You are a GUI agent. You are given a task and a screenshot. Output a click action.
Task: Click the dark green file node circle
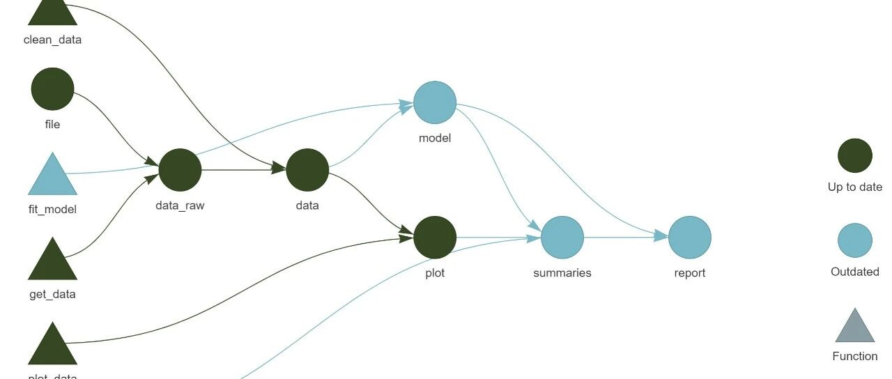(x=52, y=89)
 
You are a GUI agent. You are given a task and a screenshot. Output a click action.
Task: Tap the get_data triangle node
(x=52, y=262)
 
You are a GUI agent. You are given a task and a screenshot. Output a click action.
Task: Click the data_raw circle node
(x=180, y=170)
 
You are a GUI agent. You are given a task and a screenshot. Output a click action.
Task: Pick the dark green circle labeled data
(x=307, y=170)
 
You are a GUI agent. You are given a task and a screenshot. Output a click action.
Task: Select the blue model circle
(x=435, y=102)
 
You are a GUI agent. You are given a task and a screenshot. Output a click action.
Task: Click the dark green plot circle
(x=435, y=238)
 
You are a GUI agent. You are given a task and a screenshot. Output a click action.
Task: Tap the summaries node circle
(x=562, y=238)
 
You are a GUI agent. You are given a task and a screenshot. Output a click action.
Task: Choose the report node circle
(x=690, y=238)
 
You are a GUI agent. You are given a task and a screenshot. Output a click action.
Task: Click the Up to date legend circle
(x=855, y=155)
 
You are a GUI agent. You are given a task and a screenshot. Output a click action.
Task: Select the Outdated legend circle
(x=855, y=240)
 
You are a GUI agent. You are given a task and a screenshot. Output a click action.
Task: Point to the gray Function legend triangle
(x=855, y=328)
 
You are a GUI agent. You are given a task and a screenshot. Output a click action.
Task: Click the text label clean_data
(x=52, y=40)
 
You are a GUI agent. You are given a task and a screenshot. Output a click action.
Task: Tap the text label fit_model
(x=52, y=209)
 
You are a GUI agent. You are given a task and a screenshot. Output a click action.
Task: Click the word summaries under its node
(x=562, y=273)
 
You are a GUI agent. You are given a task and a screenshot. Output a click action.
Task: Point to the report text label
(x=690, y=273)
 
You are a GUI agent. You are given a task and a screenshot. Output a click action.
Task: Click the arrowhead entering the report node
(x=661, y=237)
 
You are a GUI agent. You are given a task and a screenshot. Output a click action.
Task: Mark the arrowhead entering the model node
(x=406, y=105)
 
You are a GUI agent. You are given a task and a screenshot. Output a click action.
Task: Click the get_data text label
(x=52, y=294)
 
